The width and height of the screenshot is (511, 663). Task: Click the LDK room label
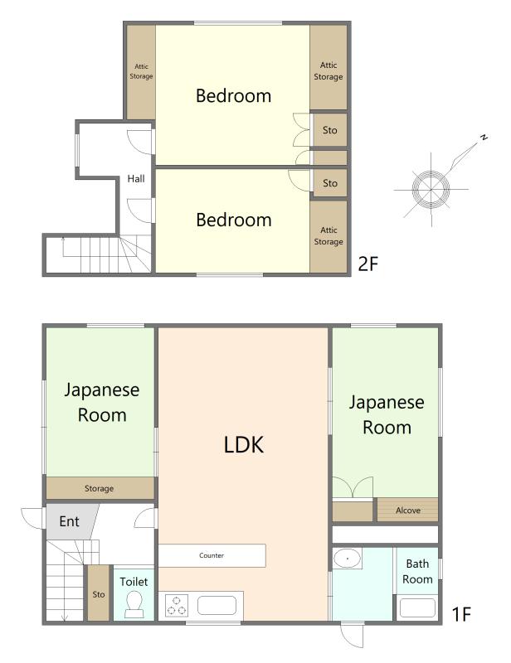point(243,444)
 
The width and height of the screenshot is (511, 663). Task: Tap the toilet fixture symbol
point(135,603)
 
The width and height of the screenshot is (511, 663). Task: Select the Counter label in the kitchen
point(212,555)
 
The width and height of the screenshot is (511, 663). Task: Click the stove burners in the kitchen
point(177,606)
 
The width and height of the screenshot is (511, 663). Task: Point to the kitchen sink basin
point(217,605)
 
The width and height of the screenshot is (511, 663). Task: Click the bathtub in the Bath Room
point(417,607)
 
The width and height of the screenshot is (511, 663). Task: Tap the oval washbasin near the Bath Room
point(347,558)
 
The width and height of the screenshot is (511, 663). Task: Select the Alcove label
point(407,511)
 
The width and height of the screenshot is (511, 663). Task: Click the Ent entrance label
point(69,521)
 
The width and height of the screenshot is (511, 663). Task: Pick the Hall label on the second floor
point(136,179)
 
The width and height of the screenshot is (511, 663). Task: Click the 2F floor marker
point(367,264)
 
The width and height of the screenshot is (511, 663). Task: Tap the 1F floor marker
point(461,614)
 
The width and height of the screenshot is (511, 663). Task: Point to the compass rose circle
point(431,189)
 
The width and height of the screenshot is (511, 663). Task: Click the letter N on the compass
point(484,137)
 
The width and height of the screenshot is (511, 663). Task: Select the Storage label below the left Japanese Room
point(99,488)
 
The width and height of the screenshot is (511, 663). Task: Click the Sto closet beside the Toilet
point(99,593)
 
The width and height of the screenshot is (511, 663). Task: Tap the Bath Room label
point(417,571)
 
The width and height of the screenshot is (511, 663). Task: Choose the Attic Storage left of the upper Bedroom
point(141,71)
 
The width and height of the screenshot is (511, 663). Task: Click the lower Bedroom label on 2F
point(234,220)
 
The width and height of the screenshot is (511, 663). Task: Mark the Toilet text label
point(134,582)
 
